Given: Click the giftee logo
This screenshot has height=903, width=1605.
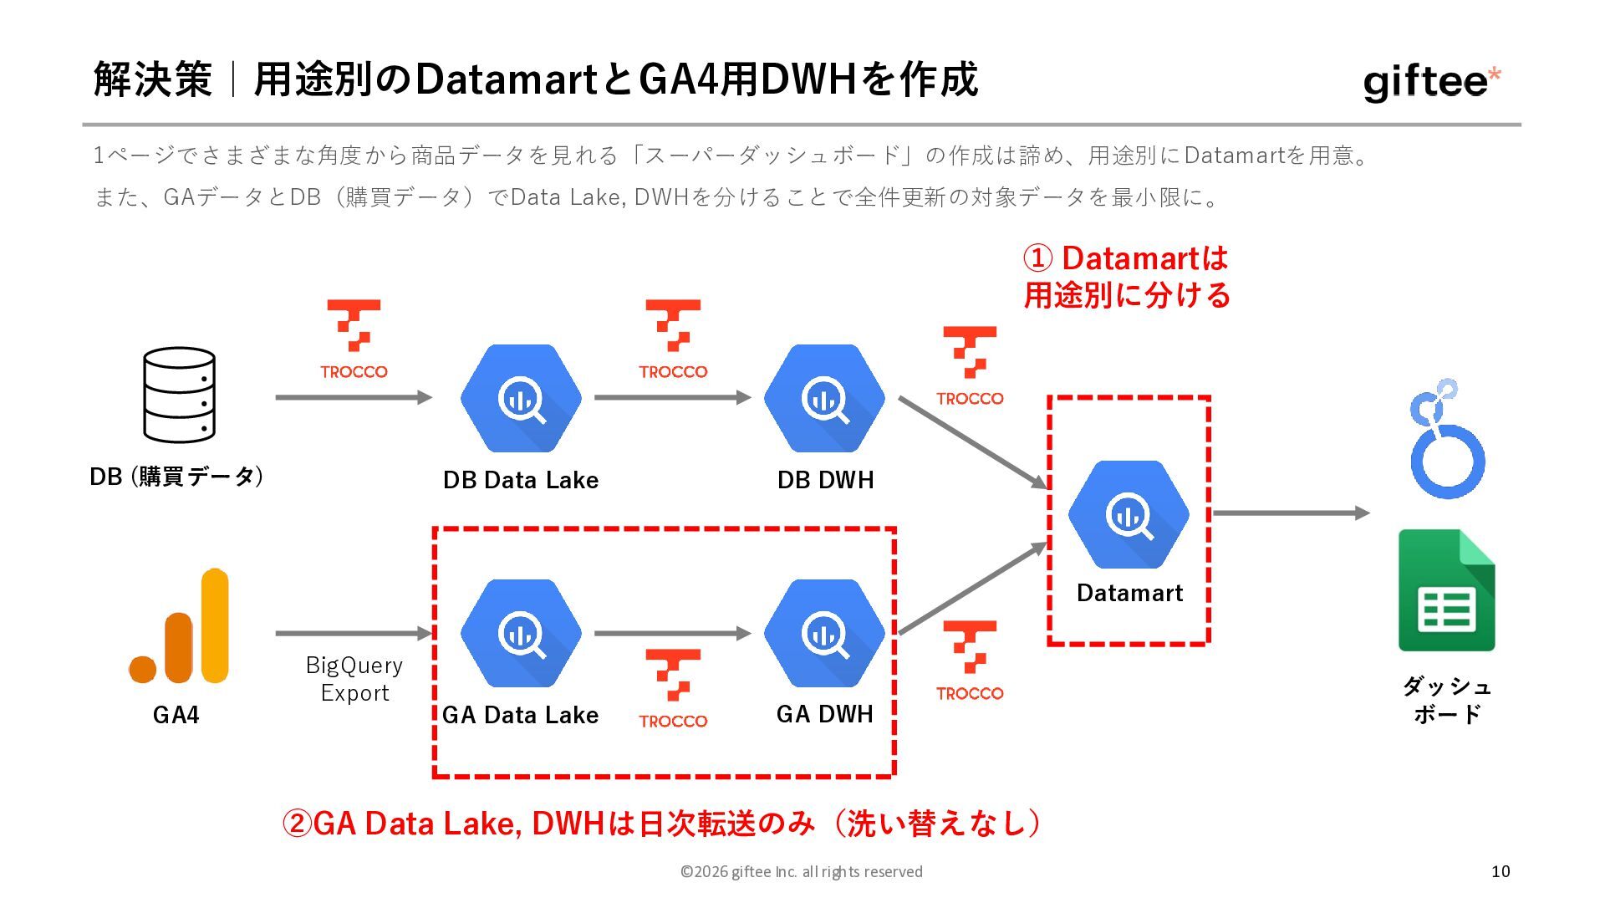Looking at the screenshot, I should tap(1431, 82).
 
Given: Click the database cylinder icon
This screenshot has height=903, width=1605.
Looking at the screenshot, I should tap(179, 395).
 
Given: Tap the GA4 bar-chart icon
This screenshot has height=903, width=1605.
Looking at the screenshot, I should tap(179, 626).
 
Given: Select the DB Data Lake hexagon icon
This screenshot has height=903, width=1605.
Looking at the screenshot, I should tap(521, 399).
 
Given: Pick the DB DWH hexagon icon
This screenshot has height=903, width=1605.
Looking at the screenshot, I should tap(824, 399).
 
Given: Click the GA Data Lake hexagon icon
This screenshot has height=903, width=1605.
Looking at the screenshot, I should tap(521, 634).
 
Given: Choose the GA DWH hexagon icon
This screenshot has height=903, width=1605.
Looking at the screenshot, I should tap(824, 634).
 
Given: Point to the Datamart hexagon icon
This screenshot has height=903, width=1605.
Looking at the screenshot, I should tap(1129, 515).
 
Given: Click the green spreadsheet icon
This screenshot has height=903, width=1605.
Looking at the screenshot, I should tap(1446, 590).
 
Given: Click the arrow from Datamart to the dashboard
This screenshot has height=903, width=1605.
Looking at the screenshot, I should tap(1291, 513).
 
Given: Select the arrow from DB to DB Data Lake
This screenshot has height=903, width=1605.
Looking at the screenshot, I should tap(353, 398).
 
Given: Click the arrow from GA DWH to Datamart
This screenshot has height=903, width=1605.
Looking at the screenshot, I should tap(972, 589).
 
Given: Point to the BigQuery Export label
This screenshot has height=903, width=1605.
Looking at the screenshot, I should tap(354, 679).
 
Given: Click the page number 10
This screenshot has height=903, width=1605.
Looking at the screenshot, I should tap(1501, 871).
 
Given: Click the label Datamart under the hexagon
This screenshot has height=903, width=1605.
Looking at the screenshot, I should tap(1129, 593).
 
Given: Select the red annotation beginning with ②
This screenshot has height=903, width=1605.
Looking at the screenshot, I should tap(660, 824).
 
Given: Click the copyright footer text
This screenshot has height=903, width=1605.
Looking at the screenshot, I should tap(801, 871).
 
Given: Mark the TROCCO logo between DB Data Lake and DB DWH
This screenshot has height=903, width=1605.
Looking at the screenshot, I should tap(673, 339).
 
